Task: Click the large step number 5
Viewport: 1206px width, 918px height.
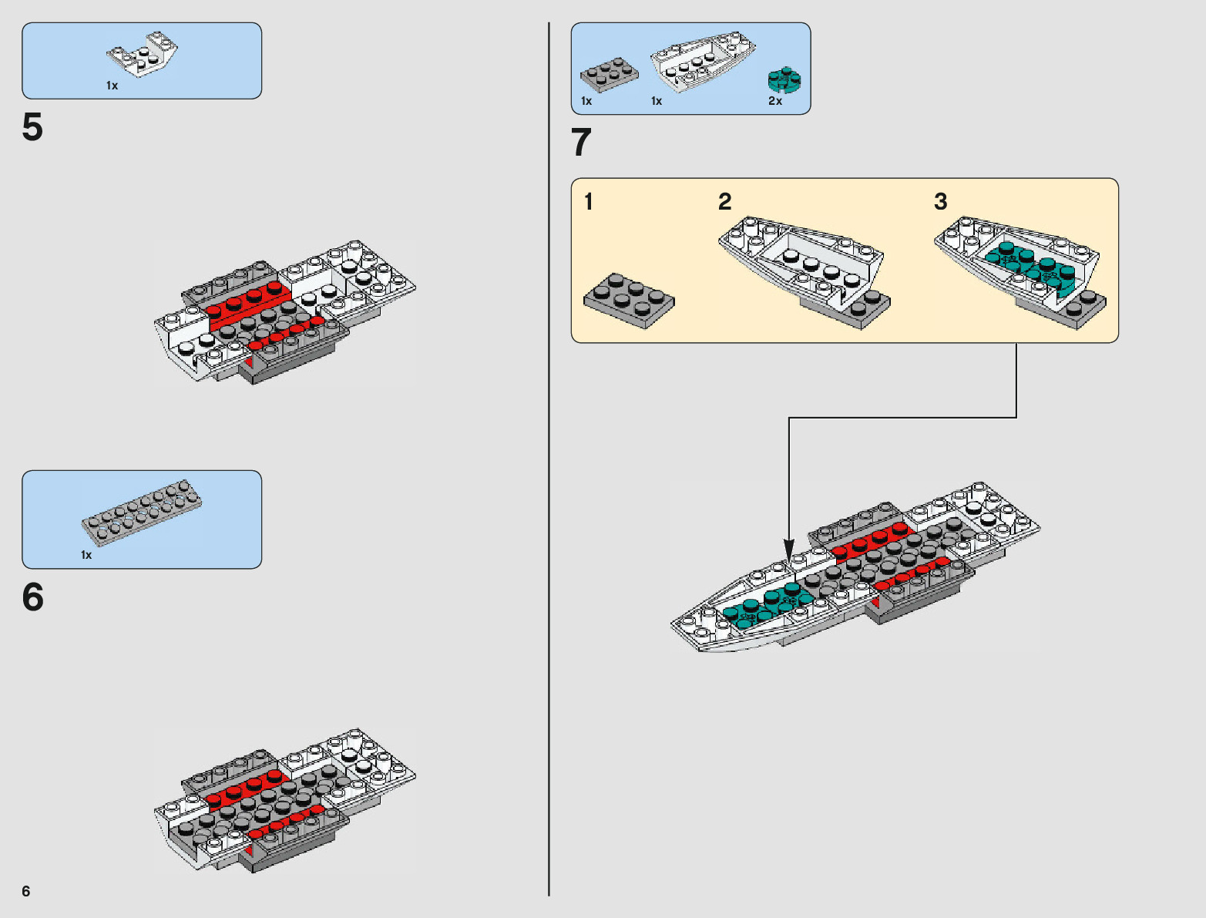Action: point(32,128)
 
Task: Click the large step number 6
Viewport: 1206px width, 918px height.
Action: point(32,597)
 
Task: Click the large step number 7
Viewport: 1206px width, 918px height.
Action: point(581,143)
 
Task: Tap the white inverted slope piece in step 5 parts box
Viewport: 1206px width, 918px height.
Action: point(142,55)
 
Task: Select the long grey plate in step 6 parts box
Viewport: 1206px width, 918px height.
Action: point(142,512)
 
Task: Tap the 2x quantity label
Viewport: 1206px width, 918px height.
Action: point(775,101)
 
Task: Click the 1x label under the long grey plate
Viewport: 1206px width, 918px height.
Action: point(86,555)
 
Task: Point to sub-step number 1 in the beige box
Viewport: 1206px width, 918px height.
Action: point(589,202)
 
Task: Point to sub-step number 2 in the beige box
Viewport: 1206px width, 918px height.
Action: point(724,202)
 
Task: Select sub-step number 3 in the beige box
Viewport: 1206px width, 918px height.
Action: point(940,202)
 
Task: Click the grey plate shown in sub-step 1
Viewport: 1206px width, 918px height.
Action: point(629,300)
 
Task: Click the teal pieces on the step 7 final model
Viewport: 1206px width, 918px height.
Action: point(763,602)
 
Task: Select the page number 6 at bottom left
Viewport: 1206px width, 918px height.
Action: point(26,892)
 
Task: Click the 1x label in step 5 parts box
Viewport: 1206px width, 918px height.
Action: point(113,86)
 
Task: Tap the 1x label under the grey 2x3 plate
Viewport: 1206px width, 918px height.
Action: point(586,101)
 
